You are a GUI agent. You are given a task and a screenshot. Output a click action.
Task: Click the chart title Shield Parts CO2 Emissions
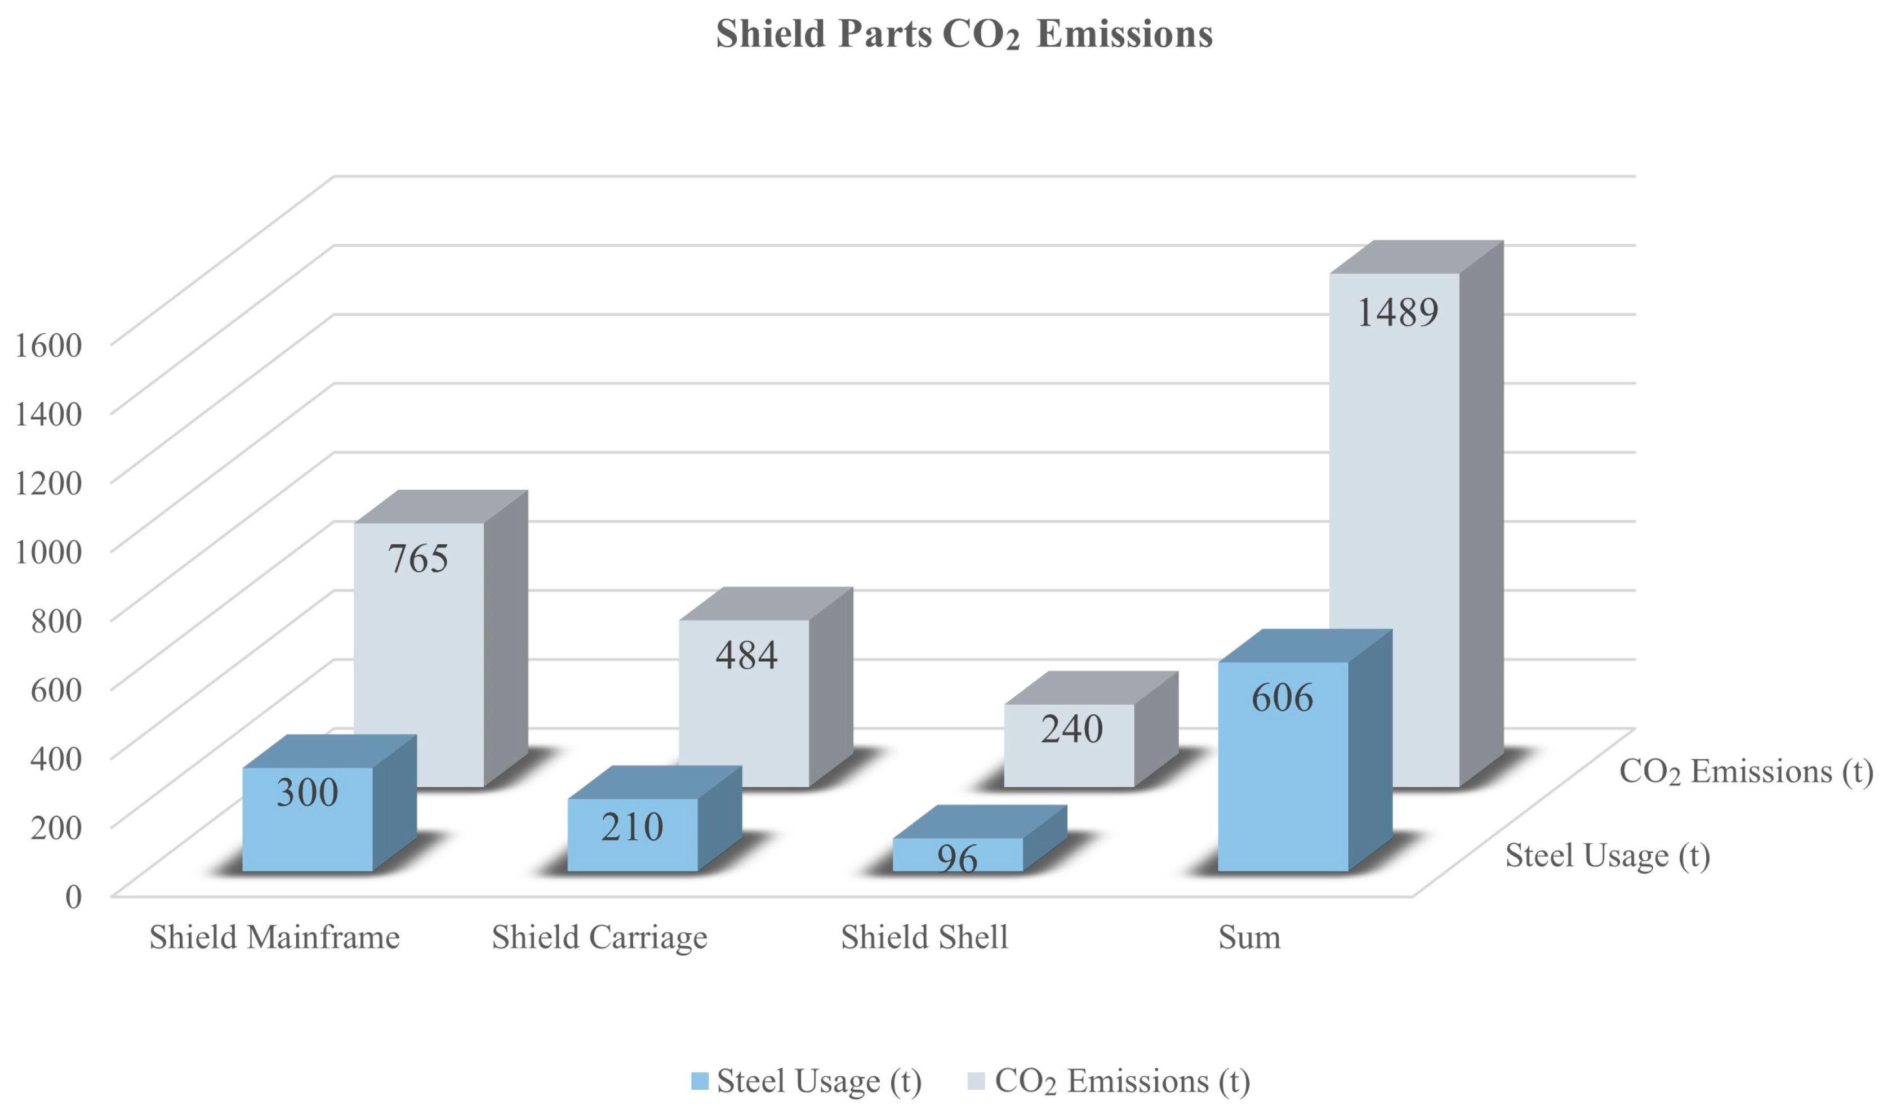(964, 34)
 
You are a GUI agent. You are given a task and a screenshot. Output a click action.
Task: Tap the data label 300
(307, 793)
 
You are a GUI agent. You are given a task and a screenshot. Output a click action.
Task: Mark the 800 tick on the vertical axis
(56, 621)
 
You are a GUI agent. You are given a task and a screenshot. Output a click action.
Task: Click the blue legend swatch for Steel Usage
(700, 1081)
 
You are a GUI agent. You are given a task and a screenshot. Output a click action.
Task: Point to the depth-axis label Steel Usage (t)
(1608, 856)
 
